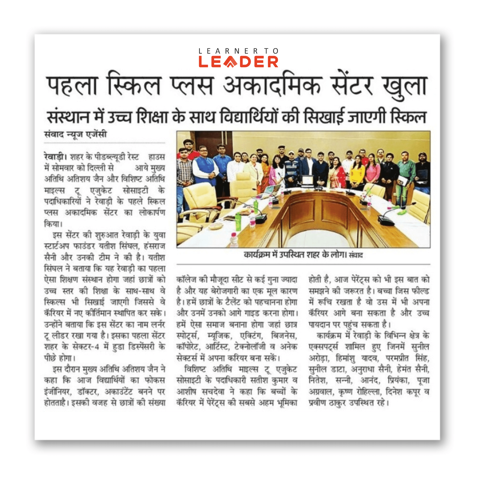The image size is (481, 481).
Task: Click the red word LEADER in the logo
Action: tap(238, 62)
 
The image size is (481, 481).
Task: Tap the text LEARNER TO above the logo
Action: tap(238, 51)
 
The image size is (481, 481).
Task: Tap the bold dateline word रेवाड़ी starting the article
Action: tap(54, 157)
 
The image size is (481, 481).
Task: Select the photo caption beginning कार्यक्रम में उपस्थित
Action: tap(303, 254)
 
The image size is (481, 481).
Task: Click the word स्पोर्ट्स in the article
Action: tap(188, 336)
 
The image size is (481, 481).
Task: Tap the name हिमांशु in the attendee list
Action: tap(345, 358)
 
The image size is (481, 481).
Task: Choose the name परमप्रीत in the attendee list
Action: tap(397, 358)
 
